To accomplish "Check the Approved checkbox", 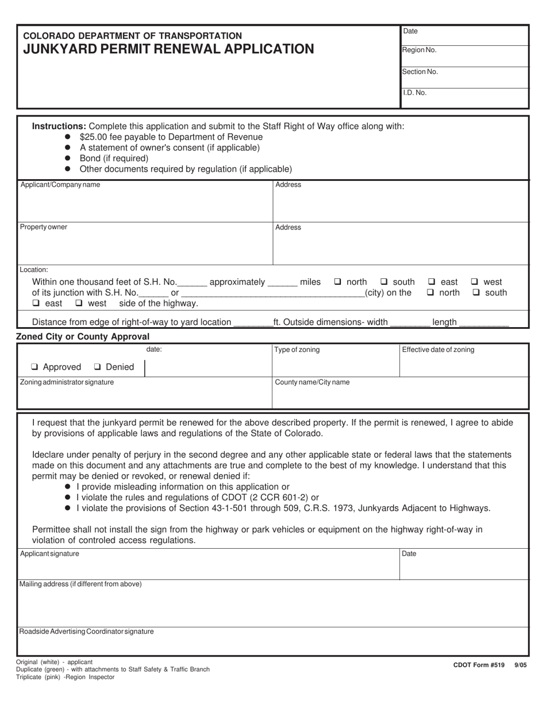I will tap(35, 367).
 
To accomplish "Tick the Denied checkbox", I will tap(98, 367).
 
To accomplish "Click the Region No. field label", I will tap(420, 50).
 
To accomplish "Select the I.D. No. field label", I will tap(414, 92).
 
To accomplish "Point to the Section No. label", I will tap(420, 72).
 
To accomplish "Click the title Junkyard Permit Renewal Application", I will tap(168, 49).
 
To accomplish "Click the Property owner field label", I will tap(44, 227).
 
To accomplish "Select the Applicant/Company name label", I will tap(60, 185).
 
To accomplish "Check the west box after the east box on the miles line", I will tap(475, 282).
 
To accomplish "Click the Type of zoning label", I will tap(297, 350).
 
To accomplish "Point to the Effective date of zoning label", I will tap(438, 350).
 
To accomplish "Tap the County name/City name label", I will tap(312, 382).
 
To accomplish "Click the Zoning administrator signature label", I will tap(67, 382).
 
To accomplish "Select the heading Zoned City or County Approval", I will tap(83, 337).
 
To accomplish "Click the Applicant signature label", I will tap(49, 554).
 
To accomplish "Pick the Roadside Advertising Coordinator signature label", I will tap(86, 631).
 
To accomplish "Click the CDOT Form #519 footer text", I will tap(479, 665).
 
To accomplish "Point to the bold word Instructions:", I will tap(59, 126).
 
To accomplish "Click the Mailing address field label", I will tap(80, 584).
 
